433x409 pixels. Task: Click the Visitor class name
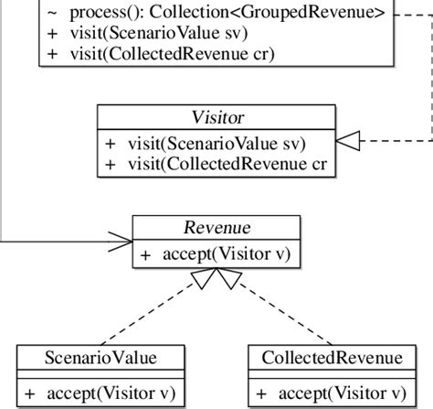pyautogui.click(x=217, y=118)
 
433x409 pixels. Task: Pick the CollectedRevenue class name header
pyautogui.click(x=331, y=357)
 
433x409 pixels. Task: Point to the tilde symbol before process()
pyautogui.click(x=51, y=12)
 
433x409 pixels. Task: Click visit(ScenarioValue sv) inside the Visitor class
pyautogui.click(x=217, y=145)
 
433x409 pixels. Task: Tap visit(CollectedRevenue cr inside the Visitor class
pyautogui.click(x=227, y=165)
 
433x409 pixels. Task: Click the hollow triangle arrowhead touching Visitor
pyautogui.click(x=349, y=140)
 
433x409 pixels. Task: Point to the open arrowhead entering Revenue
pyautogui.click(x=122, y=242)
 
